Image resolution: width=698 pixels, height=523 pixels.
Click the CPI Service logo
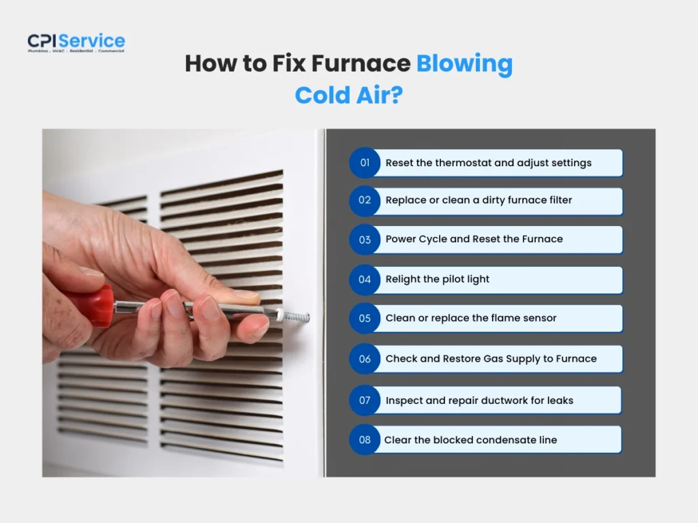click(x=76, y=42)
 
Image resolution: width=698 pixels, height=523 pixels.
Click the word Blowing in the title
click(x=464, y=63)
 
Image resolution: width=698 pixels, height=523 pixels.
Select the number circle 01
click(x=365, y=163)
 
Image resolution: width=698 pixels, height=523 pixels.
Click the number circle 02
click(x=365, y=200)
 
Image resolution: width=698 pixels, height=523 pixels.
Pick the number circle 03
click(x=365, y=240)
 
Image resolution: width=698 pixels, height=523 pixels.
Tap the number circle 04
click(x=365, y=279)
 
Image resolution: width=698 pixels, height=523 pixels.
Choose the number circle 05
click(x=365, y=318)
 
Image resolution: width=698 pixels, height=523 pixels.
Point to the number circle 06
click(x=365, y=359)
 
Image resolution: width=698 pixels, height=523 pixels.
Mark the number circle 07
click(x=365, y=400)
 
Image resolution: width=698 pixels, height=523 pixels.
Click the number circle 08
click(x=365, y=440)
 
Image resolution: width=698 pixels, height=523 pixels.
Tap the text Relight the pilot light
click(x=438, y=279)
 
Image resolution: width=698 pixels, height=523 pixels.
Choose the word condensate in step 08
click(x=487, y=440)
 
